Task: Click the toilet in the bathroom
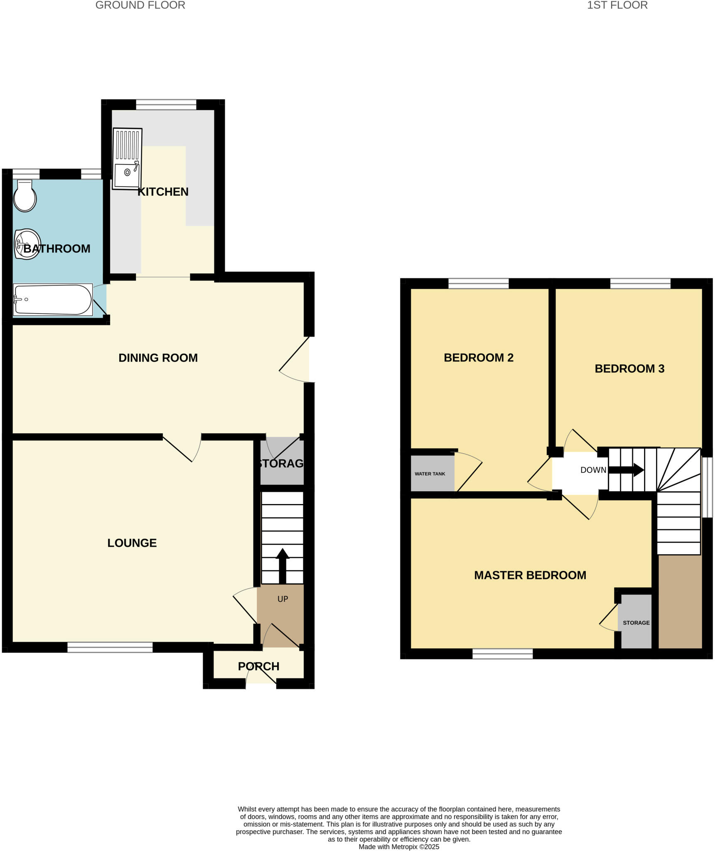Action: click(25, 197)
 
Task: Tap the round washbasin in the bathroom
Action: click(27, 244)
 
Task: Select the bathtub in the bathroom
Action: click(52, 299)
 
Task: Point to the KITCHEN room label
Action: click(163, 192)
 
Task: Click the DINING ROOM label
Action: click(158, 358)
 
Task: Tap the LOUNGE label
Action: click(132, 543)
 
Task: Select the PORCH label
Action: click(258, 666)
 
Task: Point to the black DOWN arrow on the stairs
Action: click(626, 470)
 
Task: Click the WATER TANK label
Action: click(430, 474)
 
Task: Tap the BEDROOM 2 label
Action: click(479, 358)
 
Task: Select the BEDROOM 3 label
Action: click(629, 369)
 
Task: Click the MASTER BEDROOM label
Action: click(530, 575)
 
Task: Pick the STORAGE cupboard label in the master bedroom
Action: click(636, 622)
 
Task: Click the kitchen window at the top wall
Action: click(166, 104)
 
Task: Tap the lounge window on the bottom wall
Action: click(110, 647)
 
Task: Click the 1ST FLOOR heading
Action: click(617, 5)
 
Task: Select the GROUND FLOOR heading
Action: click(140, 5)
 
